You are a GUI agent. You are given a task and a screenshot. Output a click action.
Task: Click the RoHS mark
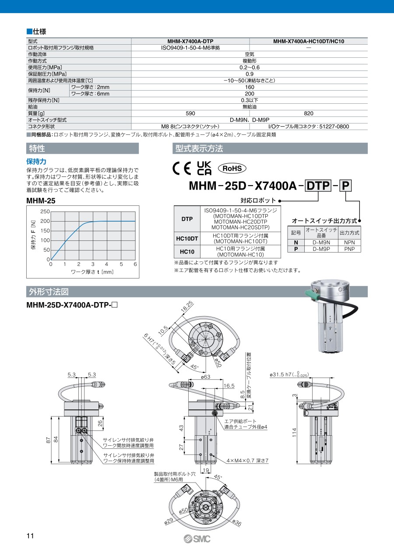tap(232, 168)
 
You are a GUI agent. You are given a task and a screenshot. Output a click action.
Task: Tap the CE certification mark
tap(182, 168)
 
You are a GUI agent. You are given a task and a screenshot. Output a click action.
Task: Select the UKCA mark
tap(204, 168)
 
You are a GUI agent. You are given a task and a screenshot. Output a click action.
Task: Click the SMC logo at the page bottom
tap(197, 539)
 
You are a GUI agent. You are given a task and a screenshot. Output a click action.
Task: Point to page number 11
tap(30, 536)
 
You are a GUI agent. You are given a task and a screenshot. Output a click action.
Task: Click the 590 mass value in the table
tap(190, 113)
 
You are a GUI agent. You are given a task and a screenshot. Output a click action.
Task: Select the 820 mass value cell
tap(309, 113)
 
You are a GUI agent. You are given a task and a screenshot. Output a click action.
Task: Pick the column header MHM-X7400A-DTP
tap(190, 41)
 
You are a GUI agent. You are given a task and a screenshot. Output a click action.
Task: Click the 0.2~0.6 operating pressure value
tap(250, 67)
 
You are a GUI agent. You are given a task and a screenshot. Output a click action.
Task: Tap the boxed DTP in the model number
tap(318, 186)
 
